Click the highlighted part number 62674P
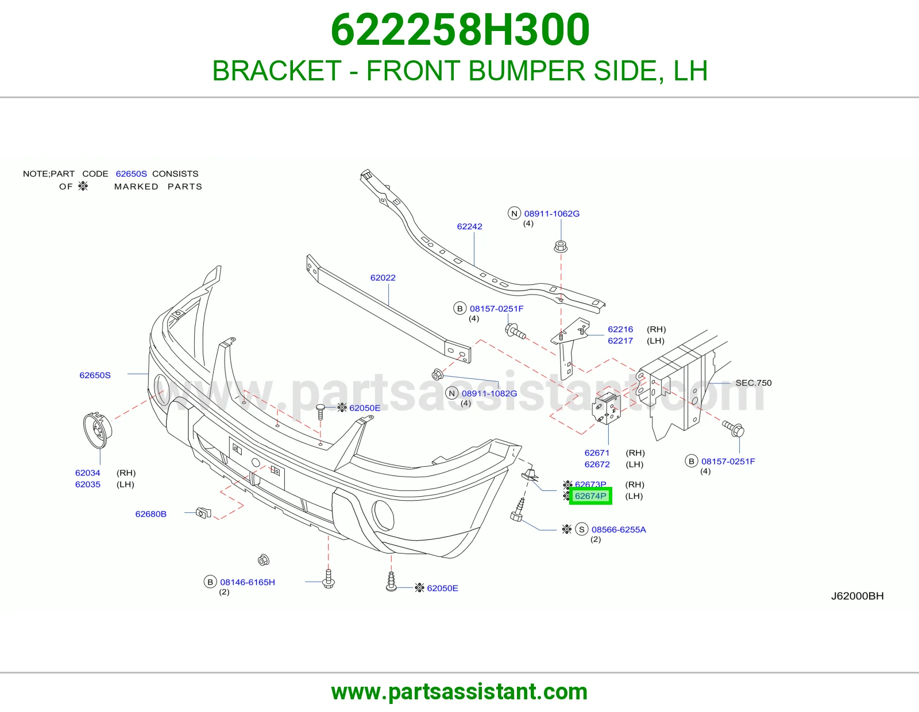590,496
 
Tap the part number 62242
469,226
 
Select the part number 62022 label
383,278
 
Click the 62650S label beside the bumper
95,375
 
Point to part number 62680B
150,514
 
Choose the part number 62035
87,485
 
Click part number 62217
620,340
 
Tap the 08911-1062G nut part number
552,214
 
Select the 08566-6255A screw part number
619,529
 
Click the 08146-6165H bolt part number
248,582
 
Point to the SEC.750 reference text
754,382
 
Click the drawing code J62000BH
857,596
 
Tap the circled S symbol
582,529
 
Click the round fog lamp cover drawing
97,430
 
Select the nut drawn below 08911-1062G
561,246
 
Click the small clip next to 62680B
204,513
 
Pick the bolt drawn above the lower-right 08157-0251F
733,429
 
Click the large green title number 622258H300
459,30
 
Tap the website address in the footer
459,692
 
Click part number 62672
597,465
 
